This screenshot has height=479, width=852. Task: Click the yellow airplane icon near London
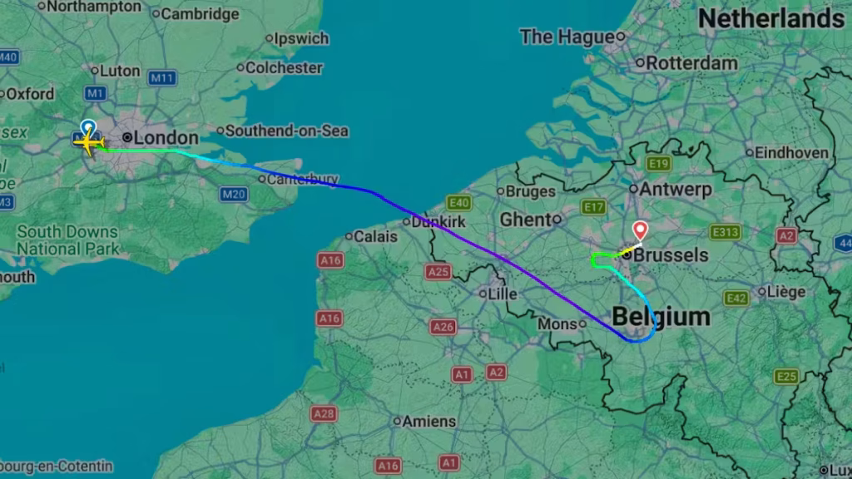tap(87, 142)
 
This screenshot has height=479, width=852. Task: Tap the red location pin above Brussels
tap(640, 230)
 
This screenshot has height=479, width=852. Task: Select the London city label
tap(166, 138)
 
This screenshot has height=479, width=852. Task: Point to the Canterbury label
tap(303, 179)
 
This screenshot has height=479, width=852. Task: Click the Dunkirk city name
tap(440, 222)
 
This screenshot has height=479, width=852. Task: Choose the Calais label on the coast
tap(375, 237)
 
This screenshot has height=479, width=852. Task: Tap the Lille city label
tap(503, 294)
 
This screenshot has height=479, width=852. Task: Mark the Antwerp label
tap(676, 189)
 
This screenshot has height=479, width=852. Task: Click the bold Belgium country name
tap(661, 317)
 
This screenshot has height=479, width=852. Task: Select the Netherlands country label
tap(770, 19)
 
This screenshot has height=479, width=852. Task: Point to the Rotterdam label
tap(691, 62)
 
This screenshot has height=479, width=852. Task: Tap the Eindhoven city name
tap(791, 152)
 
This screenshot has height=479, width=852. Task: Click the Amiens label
tap(428, 422)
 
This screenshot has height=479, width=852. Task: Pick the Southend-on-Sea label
tap(287, 131)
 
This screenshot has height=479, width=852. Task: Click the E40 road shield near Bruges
tap(458, 203)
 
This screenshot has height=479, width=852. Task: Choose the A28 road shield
tap(324, 413)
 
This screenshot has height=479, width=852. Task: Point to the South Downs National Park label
tap(69, 239)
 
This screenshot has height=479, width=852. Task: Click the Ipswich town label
tap(301, 38)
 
